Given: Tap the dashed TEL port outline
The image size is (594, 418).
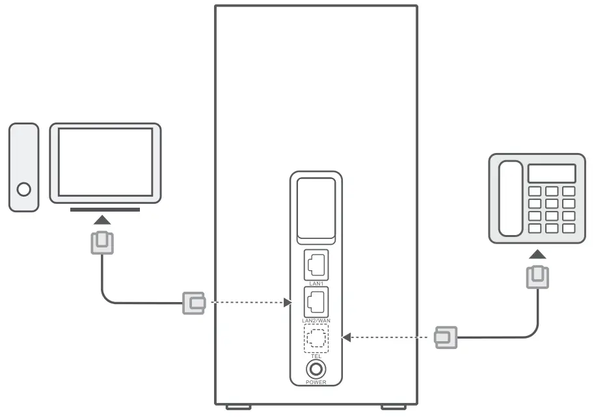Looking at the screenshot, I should [316, 338].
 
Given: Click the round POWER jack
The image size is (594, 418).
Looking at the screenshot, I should [316, 369].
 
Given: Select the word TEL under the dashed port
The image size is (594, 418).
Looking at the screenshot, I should [316, 357].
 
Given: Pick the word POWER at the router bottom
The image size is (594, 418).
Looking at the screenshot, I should [316, 382].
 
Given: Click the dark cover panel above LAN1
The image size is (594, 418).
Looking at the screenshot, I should [316, 210].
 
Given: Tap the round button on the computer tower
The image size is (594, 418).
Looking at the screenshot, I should [24, 189].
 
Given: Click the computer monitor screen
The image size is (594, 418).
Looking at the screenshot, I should [105, 161].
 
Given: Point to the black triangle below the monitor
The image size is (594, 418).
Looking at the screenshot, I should [105, 222].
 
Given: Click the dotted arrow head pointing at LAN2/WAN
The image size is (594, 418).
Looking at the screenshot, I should [288, 303].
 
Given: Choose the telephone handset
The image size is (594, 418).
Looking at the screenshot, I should [510, 198].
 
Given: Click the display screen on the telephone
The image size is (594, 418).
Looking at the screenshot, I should [552, 173].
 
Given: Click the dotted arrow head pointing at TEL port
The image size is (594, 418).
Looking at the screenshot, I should [347, 337].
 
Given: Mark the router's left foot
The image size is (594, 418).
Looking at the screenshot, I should [238, 408].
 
